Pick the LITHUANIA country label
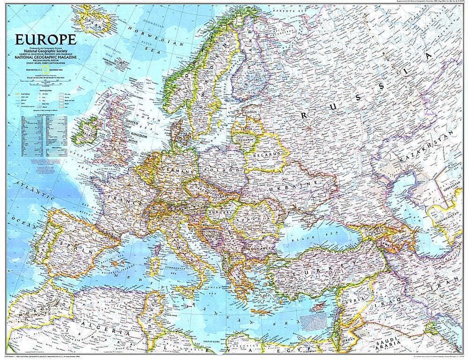248,139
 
